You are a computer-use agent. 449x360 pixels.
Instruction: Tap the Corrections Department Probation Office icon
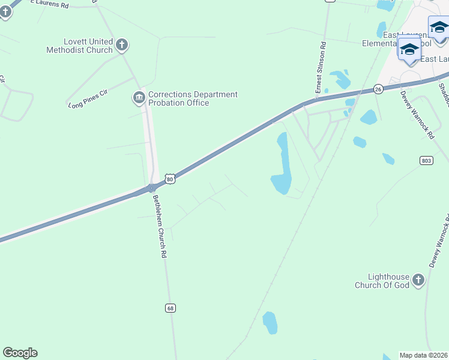point(139,97)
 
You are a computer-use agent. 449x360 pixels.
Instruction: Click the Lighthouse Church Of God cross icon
point(418,280)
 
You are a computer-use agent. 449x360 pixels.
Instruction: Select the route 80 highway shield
point(170,179)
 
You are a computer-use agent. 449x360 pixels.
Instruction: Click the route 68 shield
point(171,308)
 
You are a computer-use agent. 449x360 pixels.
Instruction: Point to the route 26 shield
point(378,89)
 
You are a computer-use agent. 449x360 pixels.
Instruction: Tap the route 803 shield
point(426,160)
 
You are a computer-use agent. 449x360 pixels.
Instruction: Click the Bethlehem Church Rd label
point(158,226)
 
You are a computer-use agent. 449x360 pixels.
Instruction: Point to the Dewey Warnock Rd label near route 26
point(417,116)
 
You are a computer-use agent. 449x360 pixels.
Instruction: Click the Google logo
point(20,353)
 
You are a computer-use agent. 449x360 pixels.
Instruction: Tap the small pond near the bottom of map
point(270,322)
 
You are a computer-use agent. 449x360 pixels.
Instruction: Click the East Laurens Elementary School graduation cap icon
point(409,50)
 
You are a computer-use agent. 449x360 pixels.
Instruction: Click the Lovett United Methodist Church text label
point(79,46)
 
